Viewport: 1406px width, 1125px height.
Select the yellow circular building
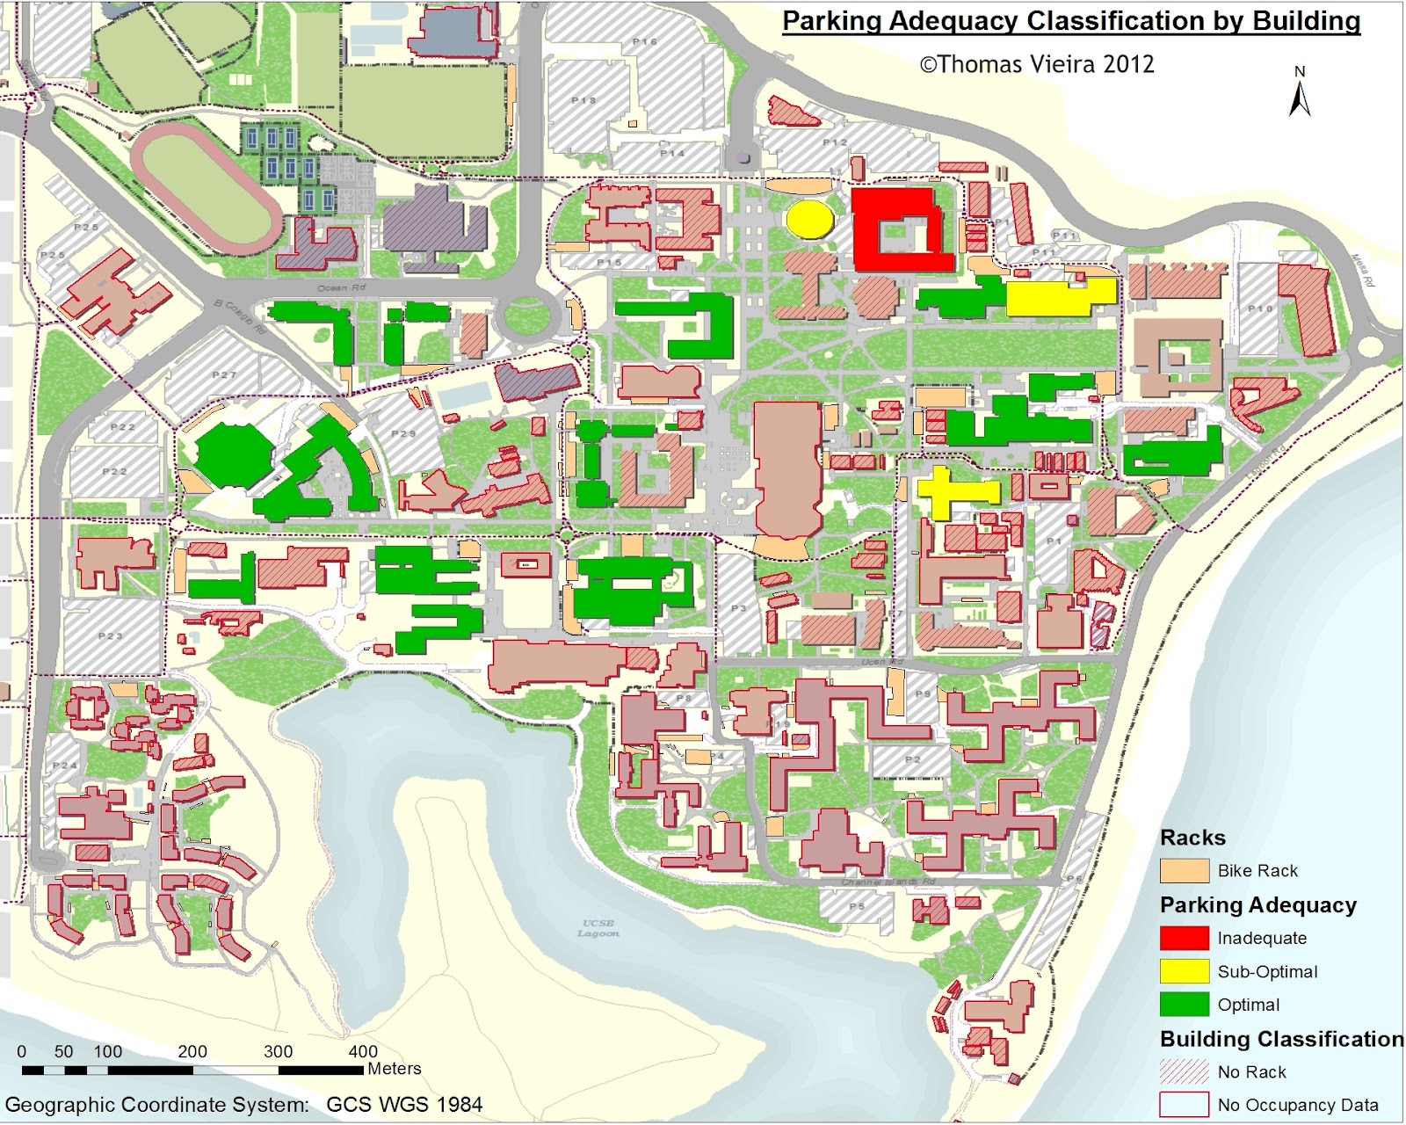810,219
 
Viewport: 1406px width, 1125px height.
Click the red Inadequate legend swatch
1184,938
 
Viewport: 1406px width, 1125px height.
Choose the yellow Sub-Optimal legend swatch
1184,971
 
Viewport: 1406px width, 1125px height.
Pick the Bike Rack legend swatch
1184,870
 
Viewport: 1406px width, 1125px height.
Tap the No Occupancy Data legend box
1184,1105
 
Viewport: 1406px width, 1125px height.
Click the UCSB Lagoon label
598,928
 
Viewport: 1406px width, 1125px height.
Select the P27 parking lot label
224,375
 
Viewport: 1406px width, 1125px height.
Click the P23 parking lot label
111,635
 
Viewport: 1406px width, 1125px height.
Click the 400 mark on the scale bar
363,1051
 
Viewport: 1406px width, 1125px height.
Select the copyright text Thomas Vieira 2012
1037,64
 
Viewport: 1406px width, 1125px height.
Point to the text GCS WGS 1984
404,1105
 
